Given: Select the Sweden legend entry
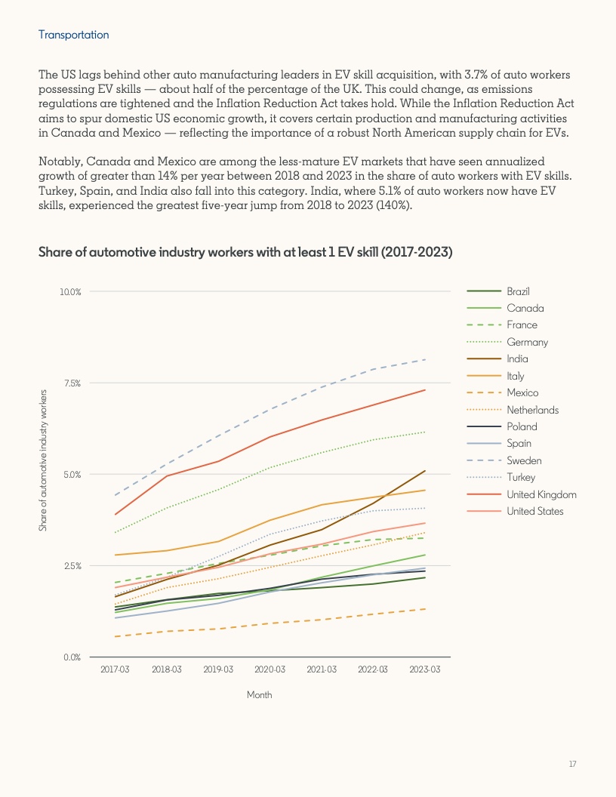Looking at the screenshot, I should coord(524,460).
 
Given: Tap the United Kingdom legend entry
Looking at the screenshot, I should coord(541,494).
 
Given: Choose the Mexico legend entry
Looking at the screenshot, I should coord(522,392).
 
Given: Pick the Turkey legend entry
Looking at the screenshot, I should coord(521,478).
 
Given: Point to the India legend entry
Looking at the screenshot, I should coord(517,358).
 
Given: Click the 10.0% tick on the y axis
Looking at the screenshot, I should coord(71,291).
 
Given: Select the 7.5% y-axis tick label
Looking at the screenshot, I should coord(72,383).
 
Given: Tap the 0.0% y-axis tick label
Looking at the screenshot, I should coord(72,657).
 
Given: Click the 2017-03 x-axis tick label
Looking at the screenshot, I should coord(115,669).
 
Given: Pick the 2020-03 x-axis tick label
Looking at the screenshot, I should coord(269,669).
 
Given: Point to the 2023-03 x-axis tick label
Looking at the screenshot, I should coord(424,669).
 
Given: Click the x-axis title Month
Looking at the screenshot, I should coord(259,694).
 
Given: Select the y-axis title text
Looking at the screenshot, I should coord(43,460).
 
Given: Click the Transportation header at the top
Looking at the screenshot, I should coord(73,35).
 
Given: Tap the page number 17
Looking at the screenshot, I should coord(573,765).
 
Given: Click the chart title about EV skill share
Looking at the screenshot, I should coord(245,252).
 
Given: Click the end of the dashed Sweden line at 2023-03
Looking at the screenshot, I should coord(424,359).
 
